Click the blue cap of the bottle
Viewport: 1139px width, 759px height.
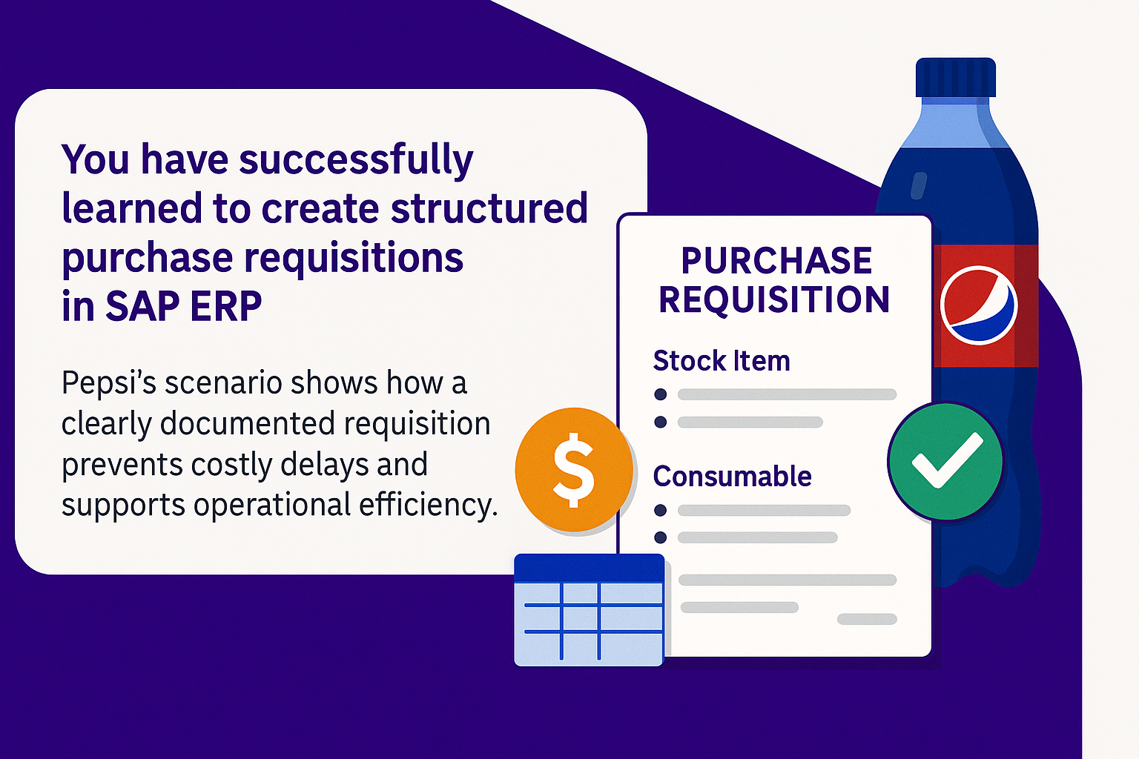point(955,77)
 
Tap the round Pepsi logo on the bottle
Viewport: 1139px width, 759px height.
point(978,305)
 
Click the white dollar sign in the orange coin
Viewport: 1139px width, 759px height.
point(573,470)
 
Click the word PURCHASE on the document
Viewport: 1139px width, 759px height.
point(776,261)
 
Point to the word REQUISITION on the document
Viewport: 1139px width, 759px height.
point(774,299)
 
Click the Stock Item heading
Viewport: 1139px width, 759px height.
point(722,360)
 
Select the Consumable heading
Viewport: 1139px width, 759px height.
point(732,477)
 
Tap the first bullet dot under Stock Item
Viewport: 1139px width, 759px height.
point(661,394)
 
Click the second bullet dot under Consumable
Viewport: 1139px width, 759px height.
point(661,537)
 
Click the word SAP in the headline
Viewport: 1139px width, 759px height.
point(142,306)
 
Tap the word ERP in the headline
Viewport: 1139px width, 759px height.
point(225,306)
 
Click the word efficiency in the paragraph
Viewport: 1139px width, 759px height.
point(428,506)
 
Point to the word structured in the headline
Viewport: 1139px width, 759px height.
point(489,208)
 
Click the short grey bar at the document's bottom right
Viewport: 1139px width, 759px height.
point(867,619)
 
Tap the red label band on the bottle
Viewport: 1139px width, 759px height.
point(986,305)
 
